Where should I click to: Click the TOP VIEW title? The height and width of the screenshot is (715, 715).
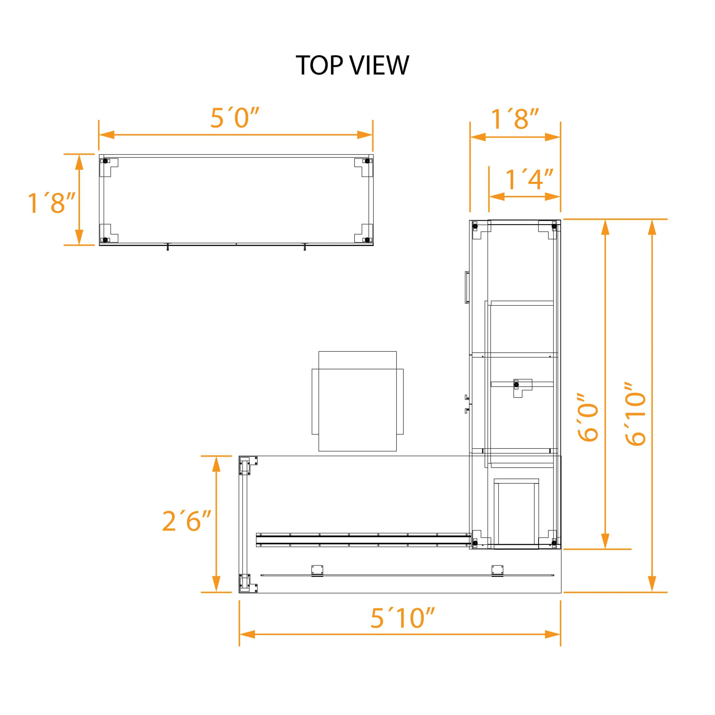(352, 65)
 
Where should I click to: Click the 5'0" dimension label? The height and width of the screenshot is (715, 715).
(235, 118)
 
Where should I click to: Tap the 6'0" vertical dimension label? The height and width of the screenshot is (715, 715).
(588, 417)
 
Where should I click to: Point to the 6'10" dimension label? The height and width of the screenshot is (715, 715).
(635, 414)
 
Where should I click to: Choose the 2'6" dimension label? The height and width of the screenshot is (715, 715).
(187, 521)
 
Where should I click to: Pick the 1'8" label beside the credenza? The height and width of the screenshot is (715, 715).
(51, 203)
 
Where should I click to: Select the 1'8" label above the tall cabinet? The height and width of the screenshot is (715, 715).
(514, 119)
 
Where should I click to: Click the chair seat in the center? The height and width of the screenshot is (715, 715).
(357, 401)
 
